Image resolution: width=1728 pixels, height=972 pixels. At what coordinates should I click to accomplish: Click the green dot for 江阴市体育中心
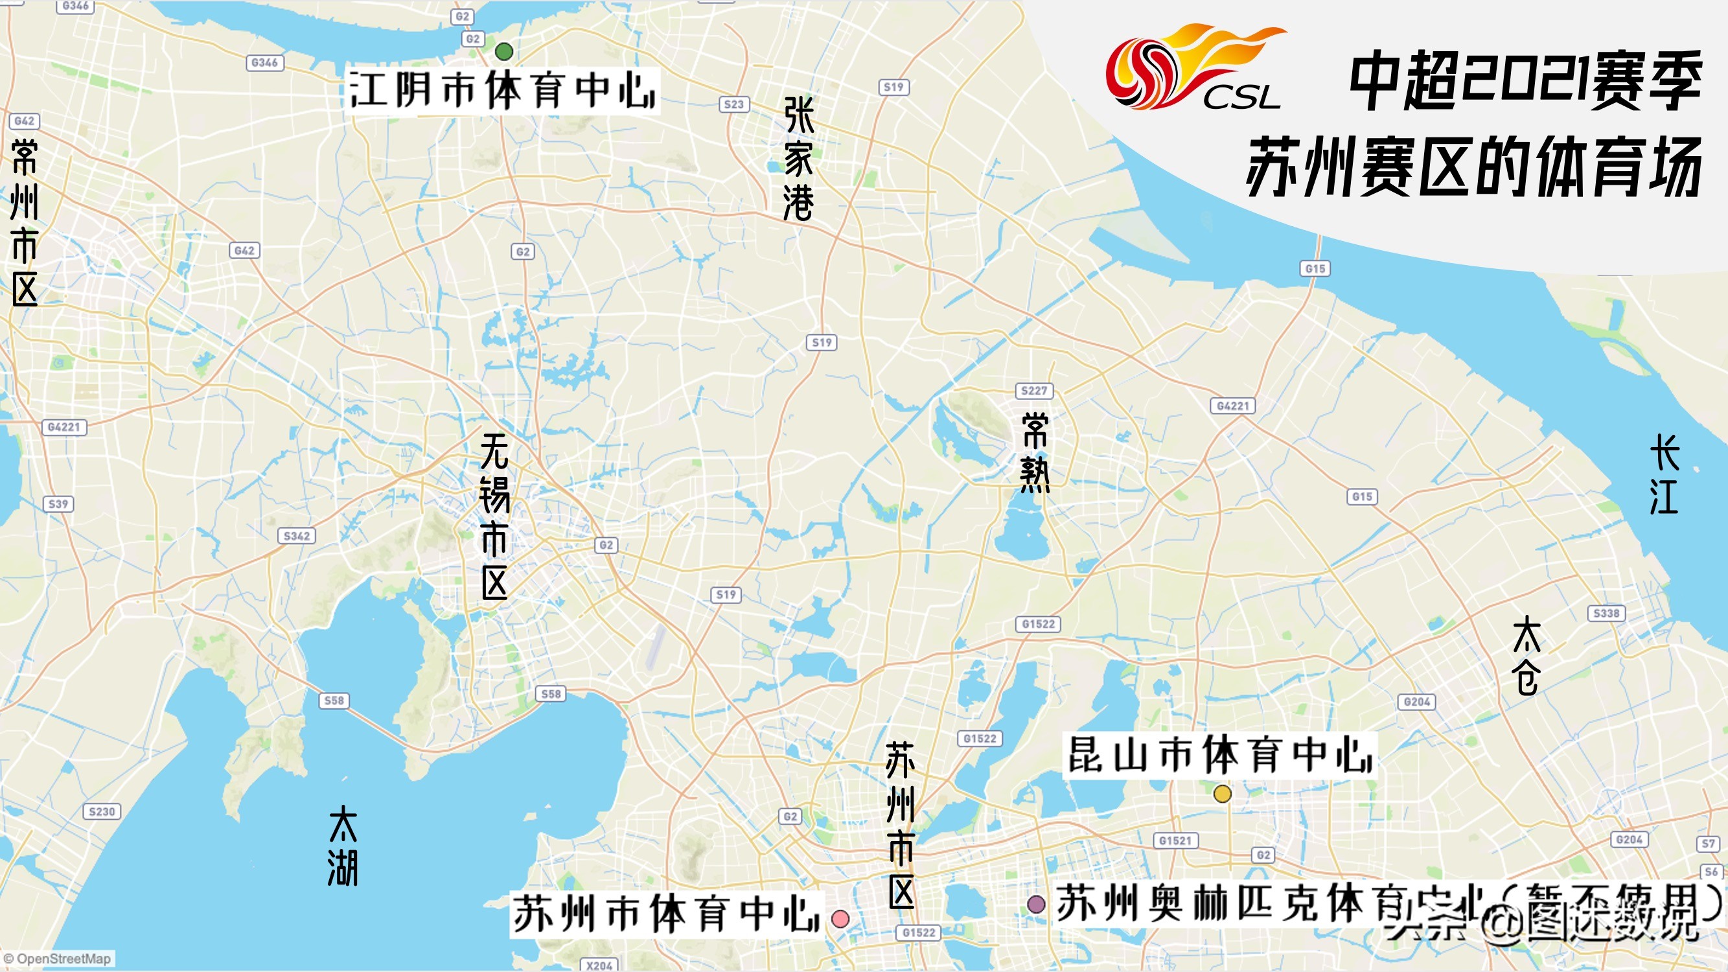504,51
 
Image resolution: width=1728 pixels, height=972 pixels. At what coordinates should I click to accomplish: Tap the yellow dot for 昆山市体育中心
1222,794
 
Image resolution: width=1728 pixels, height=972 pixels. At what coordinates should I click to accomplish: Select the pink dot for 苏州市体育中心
840,918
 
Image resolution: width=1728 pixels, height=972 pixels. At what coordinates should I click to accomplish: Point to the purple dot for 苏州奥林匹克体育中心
1037,903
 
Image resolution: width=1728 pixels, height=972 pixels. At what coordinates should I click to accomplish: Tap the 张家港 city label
798,158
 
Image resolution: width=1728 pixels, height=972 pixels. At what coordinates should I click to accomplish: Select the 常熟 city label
1034,453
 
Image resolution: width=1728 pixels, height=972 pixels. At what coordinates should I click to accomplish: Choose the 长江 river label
1665,475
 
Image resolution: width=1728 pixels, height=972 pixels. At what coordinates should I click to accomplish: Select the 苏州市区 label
901,825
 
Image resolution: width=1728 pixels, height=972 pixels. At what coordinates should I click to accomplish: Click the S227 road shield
1033,390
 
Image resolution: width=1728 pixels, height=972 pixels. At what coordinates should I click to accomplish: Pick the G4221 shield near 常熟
1233,406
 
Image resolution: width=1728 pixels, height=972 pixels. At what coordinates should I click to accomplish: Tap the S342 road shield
297,536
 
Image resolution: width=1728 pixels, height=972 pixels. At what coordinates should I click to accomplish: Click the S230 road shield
102,812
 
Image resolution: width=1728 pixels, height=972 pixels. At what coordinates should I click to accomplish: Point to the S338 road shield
1606,613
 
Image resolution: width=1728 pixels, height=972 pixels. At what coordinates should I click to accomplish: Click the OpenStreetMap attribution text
58,958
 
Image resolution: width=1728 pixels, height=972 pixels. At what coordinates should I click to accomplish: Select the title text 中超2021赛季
1526,82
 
